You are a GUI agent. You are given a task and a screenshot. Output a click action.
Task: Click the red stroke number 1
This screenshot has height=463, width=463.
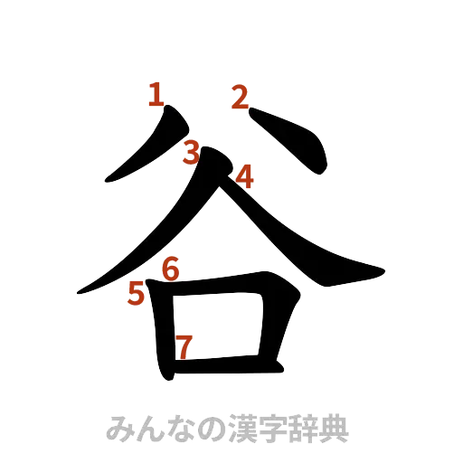pyautogui.click(x=156, y=94)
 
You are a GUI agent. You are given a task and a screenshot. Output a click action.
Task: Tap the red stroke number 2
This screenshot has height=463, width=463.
pyautogui.click(x=241, y=96)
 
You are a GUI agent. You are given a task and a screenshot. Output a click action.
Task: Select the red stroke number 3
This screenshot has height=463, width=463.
pyautogui.click(x=191, y=153)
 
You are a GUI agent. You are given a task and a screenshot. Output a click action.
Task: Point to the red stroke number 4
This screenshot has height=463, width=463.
pyautogui.click(x=242, y=175)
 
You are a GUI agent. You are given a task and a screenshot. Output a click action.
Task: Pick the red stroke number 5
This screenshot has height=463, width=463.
pyautogui.click(x=137, y=293)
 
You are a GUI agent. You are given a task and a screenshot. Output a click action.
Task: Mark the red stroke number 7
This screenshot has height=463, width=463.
pyautogui.click(x=184, y=345)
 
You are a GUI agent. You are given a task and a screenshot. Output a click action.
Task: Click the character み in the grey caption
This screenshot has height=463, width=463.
pyautogui.click(x=118, y=426)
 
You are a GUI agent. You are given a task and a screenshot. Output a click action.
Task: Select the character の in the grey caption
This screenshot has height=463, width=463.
pyautogui.click(x=209, y=426)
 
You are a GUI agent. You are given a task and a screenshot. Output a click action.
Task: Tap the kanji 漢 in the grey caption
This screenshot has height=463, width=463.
pyautogui.click(x=240, y=426)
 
